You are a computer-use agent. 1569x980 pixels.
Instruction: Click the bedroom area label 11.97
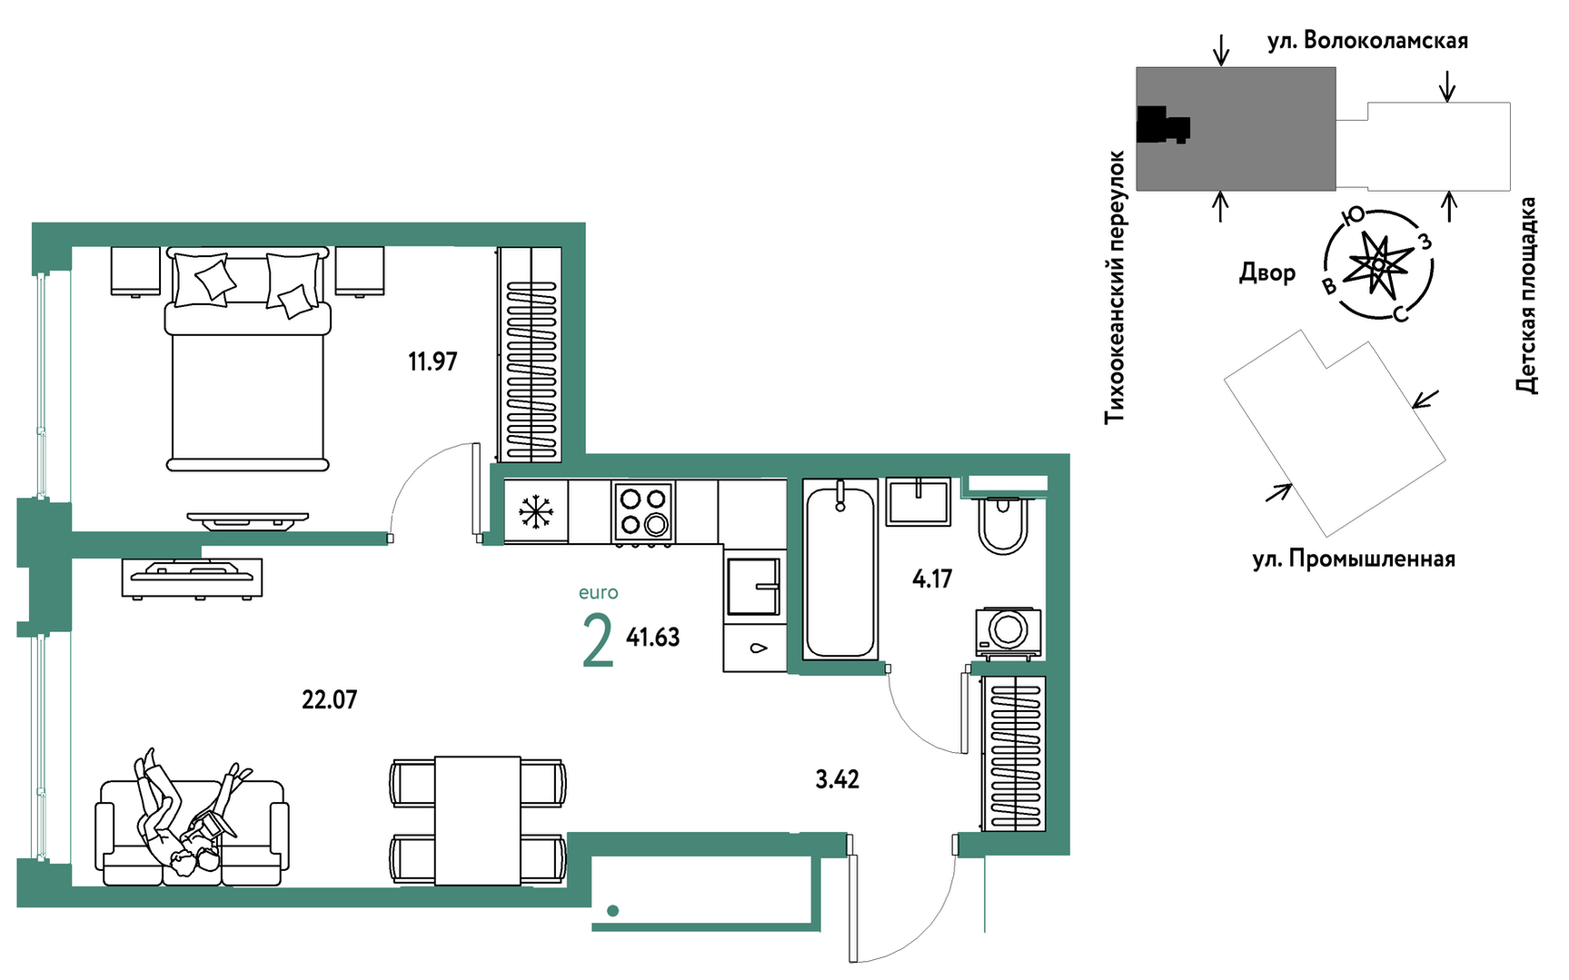point(432,361)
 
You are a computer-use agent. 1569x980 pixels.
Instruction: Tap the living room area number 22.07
point(329,699)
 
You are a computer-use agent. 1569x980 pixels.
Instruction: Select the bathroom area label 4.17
point(932,579)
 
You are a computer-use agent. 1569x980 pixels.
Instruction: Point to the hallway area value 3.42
point(837,779)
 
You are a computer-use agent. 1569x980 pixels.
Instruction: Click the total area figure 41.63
point(652,638)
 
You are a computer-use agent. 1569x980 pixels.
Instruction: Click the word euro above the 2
point(598,593)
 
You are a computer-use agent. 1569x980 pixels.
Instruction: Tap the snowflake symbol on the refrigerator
point(536,512)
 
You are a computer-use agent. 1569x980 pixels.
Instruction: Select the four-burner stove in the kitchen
point(643,513)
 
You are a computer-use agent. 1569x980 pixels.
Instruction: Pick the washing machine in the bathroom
point(1008,631)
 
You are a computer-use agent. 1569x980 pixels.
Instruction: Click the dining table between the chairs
point(478,821)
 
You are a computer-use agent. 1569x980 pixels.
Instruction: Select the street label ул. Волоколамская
point(1367,41)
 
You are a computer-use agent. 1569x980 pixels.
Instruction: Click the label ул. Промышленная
point(1354,559)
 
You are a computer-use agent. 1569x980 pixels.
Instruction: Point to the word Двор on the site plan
point(1267,272)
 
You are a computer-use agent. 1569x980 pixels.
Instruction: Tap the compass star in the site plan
point(1378,264)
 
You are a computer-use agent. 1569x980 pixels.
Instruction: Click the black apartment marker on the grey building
point(1163,125)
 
